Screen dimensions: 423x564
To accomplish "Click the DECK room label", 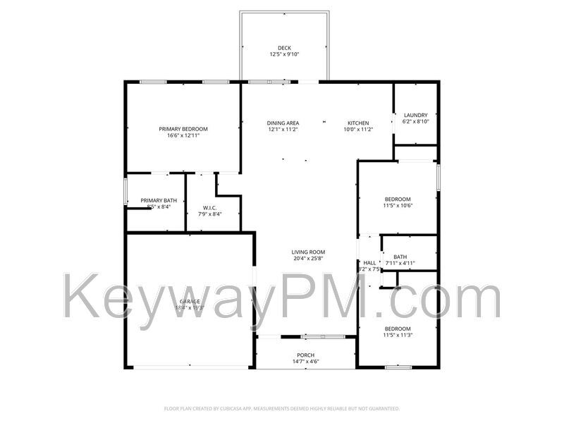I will click(x=283, y=48).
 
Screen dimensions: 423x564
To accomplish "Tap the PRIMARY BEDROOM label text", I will click(x=183, y=129).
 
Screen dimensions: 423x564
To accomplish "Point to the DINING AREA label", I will click(x=283, y=123).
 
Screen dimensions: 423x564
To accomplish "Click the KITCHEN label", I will click(x=357, y=123).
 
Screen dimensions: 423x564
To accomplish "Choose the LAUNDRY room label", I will click(x=415, y=116).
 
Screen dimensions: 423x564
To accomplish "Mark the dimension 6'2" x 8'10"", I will click(x=415, y=122).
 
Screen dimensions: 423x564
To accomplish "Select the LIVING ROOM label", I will click(x=308, y=252).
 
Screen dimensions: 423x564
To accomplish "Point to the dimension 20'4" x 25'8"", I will click(x=308, y=259).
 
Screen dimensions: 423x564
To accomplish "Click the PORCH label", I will click(x=306, y=355).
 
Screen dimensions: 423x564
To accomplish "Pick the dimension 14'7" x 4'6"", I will click(x=306, y=362).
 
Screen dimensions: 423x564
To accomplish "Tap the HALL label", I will click(x=369, y=263).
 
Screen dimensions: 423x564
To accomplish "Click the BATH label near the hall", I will click(x=400, y=257).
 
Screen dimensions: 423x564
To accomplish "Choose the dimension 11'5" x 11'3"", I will click(x=397, y=336).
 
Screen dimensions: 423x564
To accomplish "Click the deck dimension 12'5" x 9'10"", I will click(x=283, y=54).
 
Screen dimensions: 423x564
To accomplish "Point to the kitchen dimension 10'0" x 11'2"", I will click(x=357, y=130).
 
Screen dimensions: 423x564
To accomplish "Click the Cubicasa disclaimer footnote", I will click(x=282, y=409).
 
